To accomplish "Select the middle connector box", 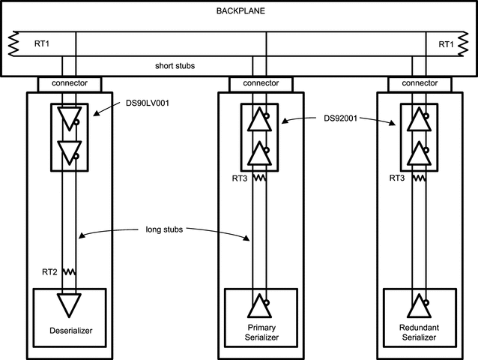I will coord(260,82).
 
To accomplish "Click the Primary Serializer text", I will coord(260,332).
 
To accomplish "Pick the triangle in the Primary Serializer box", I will coord(258,307).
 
